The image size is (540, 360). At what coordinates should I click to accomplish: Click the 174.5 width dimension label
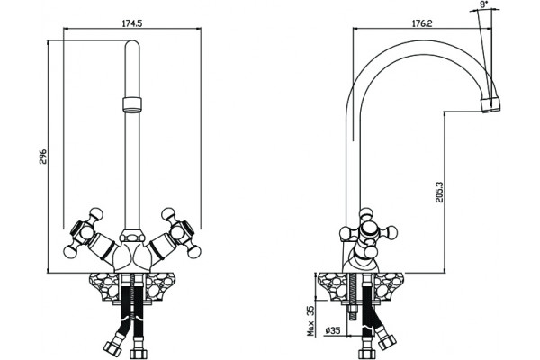(x=132, y=23)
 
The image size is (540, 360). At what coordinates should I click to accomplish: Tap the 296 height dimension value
(x=42, y=157)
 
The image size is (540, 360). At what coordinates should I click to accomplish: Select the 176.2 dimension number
(x=422, y=23)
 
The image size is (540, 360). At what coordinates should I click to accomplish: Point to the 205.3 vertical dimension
(x=440, y=192)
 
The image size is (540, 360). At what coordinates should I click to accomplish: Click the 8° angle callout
(x=484, y=4)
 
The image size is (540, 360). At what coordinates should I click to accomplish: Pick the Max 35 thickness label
(x=311, y=321)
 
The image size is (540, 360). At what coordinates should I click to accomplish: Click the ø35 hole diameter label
(x=333, y=330)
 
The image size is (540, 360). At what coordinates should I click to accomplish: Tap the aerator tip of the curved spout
(x=490, y=104)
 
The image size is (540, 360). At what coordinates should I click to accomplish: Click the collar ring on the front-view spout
(x=132, y=104)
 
